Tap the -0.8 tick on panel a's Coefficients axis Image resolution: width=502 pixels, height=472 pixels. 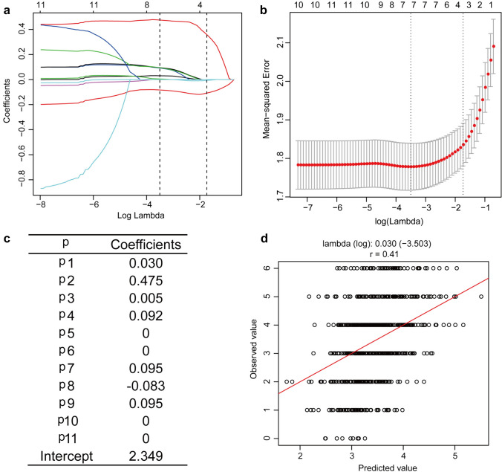coord(27,179)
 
